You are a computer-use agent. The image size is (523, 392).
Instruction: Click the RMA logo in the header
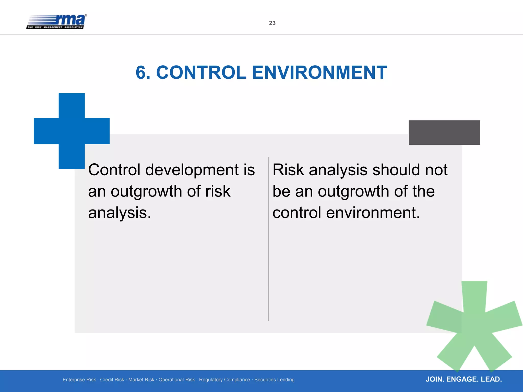(x=57, y=22)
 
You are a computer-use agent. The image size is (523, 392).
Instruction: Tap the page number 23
(x=272, y=23)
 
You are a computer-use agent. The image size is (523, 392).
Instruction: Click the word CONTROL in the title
(x=201, y=73)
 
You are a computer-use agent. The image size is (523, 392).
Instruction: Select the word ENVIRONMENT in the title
(x=319, y=73)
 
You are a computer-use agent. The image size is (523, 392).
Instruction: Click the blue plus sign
(x=72, y=131)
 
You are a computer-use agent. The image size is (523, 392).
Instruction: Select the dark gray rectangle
(x=444, y=132)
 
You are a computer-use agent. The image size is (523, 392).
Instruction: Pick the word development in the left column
(x=192, y=170)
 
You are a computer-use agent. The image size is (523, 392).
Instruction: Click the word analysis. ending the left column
(x=120, y=213)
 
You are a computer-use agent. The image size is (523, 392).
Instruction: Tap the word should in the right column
(x=396, y=170)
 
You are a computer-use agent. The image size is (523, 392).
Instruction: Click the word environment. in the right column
(x=373, y=213)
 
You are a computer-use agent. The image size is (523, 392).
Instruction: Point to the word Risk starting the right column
(x=288, y=170)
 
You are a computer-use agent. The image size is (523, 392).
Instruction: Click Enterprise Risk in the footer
(x=79, y=380)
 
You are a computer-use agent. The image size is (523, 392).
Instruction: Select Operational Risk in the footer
(x=176, y=380)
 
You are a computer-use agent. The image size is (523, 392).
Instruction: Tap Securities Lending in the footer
(x=274, y=380)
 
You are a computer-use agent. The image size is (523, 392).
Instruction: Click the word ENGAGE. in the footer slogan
(x=462, y=379)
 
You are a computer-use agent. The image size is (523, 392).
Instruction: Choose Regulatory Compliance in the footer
(x=224, y=380)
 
